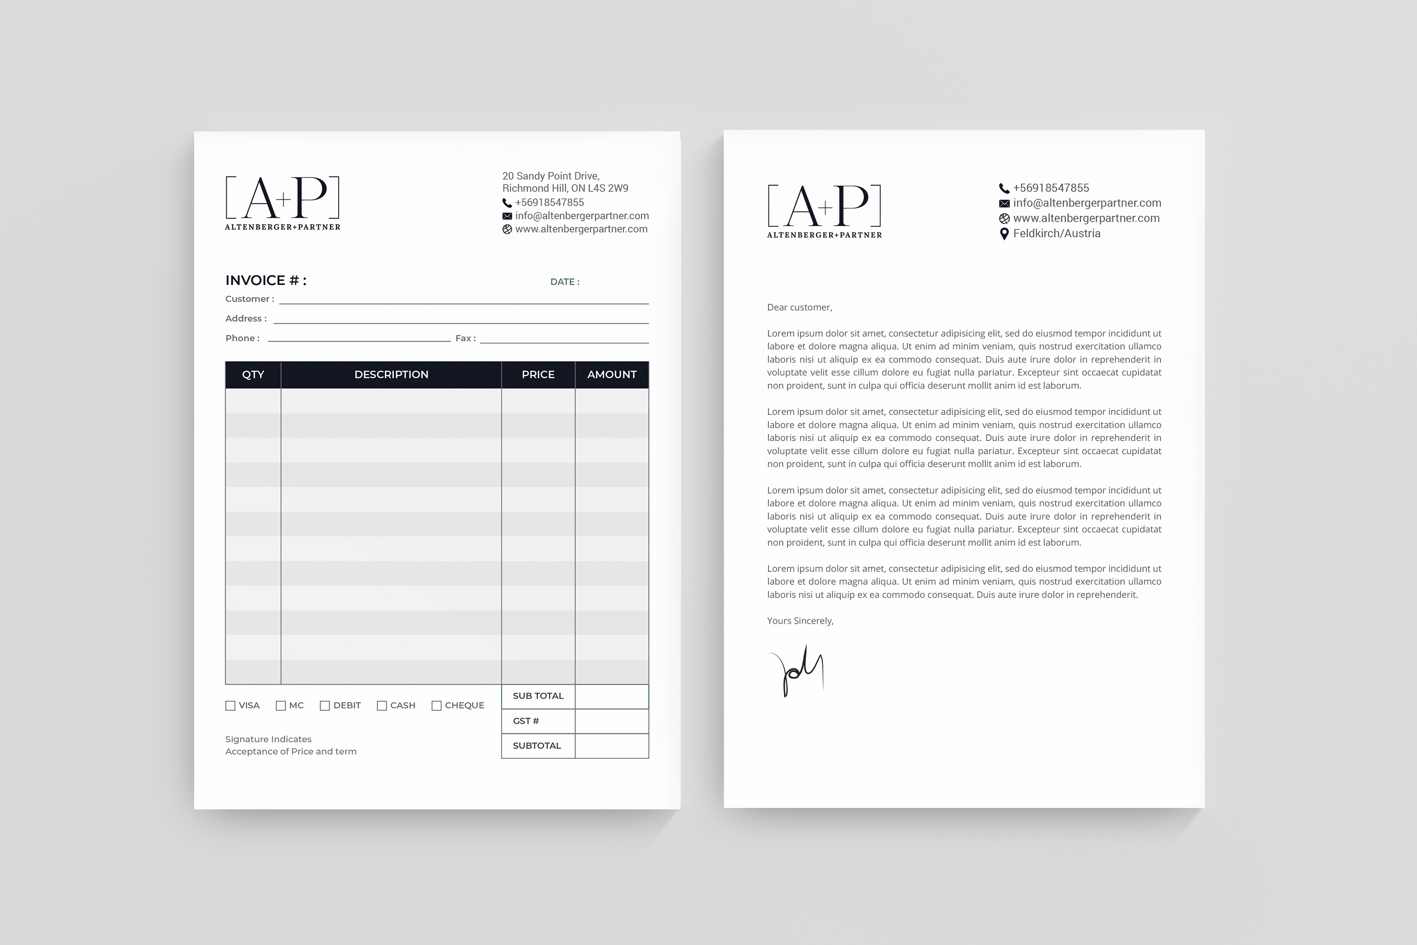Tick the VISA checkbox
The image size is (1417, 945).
(230, 706)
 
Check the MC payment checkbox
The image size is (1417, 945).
(281, 706)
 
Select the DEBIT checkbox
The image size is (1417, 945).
(325, 706)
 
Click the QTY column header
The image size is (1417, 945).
(253, 375)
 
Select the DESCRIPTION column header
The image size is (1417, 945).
(391, 375)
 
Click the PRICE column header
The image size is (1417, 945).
(538, 375)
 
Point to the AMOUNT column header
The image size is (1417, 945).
(612, 375)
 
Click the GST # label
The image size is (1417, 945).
(526, 721)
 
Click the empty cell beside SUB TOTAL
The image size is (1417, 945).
(612, 696)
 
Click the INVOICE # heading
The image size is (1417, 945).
(265, 280)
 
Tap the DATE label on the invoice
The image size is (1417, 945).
(564, 282)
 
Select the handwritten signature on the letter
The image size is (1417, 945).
(796, 670)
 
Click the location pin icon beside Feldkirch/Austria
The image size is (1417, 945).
(1004, 234)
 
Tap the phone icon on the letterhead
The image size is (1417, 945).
(1004, 189)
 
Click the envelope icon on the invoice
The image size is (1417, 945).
(507, 216)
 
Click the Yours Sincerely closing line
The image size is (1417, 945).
(800, 621)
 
